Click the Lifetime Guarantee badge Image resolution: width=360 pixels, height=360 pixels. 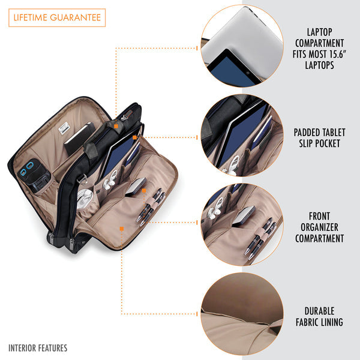point(57,17)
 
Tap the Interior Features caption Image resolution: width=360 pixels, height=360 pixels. point(38,348)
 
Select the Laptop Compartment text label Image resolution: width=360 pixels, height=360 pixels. point(319,49)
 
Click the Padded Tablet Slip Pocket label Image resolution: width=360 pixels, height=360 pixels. point(319,138)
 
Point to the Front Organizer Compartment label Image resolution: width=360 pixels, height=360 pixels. point(319,227)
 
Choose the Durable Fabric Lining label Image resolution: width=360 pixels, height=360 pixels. point(319,317)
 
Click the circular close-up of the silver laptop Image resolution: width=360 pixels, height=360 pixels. point(242,46)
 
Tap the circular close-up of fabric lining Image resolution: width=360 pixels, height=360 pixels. point(242,314)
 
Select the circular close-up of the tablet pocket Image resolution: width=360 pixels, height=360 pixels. point(242,135)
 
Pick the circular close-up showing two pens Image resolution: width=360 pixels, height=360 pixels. point(242,224)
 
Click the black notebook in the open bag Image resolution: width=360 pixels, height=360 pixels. point(79,138)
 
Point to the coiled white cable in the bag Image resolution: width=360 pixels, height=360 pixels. point(84,199)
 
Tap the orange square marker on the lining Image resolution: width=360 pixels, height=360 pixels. point(122,229)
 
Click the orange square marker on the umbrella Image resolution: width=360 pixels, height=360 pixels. point(116,126)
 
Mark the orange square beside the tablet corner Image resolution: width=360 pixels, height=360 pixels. point(135,137)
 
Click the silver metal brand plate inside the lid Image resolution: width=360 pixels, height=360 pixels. point(64,128)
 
